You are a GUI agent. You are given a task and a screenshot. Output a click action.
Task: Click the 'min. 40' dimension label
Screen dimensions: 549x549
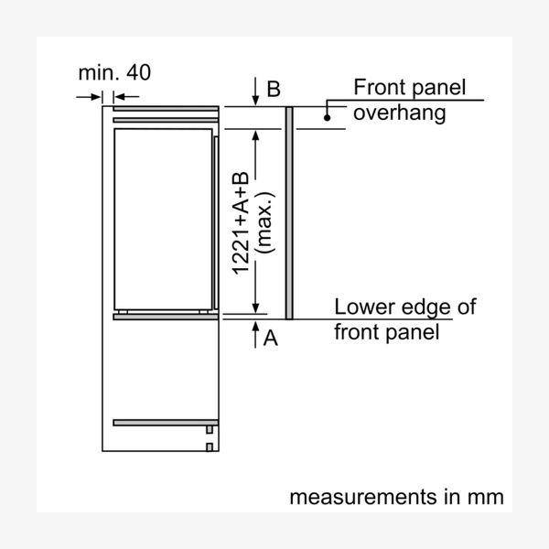114,72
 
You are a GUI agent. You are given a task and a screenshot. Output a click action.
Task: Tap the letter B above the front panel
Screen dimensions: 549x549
274,89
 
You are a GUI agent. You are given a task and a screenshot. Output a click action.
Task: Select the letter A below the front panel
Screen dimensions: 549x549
270,339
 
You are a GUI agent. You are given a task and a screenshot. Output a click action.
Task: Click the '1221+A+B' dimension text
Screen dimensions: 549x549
241,223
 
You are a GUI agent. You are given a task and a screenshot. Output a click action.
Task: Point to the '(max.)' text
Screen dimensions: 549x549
265,222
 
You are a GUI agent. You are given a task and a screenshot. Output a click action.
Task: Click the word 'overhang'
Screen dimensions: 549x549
399,113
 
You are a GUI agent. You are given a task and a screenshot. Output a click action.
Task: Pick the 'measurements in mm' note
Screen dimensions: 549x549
397,497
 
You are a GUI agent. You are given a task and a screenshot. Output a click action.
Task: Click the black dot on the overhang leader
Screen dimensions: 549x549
327,118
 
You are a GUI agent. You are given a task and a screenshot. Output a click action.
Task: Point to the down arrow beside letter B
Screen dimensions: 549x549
255,91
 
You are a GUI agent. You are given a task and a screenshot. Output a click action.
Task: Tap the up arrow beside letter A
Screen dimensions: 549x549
255,335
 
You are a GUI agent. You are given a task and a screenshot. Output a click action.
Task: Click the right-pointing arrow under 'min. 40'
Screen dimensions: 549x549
89,97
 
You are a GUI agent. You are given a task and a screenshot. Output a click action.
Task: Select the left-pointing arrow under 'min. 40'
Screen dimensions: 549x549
127,97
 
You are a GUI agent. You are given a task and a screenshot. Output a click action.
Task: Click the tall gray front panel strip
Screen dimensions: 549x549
289,213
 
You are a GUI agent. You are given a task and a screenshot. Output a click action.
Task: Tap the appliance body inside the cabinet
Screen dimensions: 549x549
163,220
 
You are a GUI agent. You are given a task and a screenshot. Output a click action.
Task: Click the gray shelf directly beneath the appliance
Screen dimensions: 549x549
166,317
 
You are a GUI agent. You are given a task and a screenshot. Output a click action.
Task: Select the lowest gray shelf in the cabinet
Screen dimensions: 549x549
166,423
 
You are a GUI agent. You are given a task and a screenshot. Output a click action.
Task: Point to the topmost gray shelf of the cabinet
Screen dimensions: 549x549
166,109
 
